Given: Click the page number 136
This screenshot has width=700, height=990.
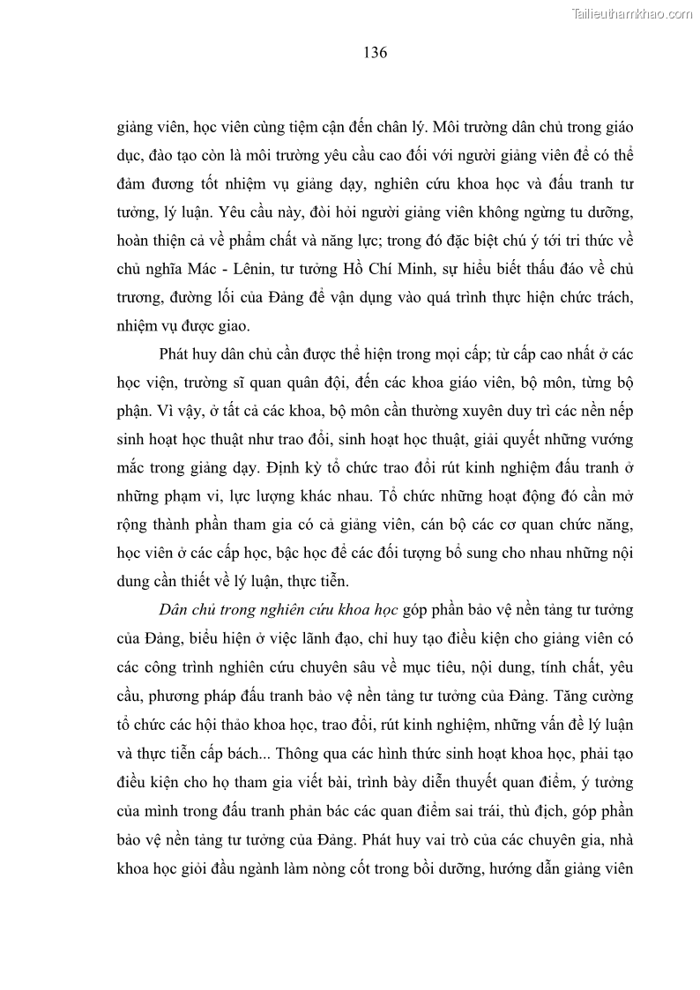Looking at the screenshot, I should [x=374, y=52].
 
